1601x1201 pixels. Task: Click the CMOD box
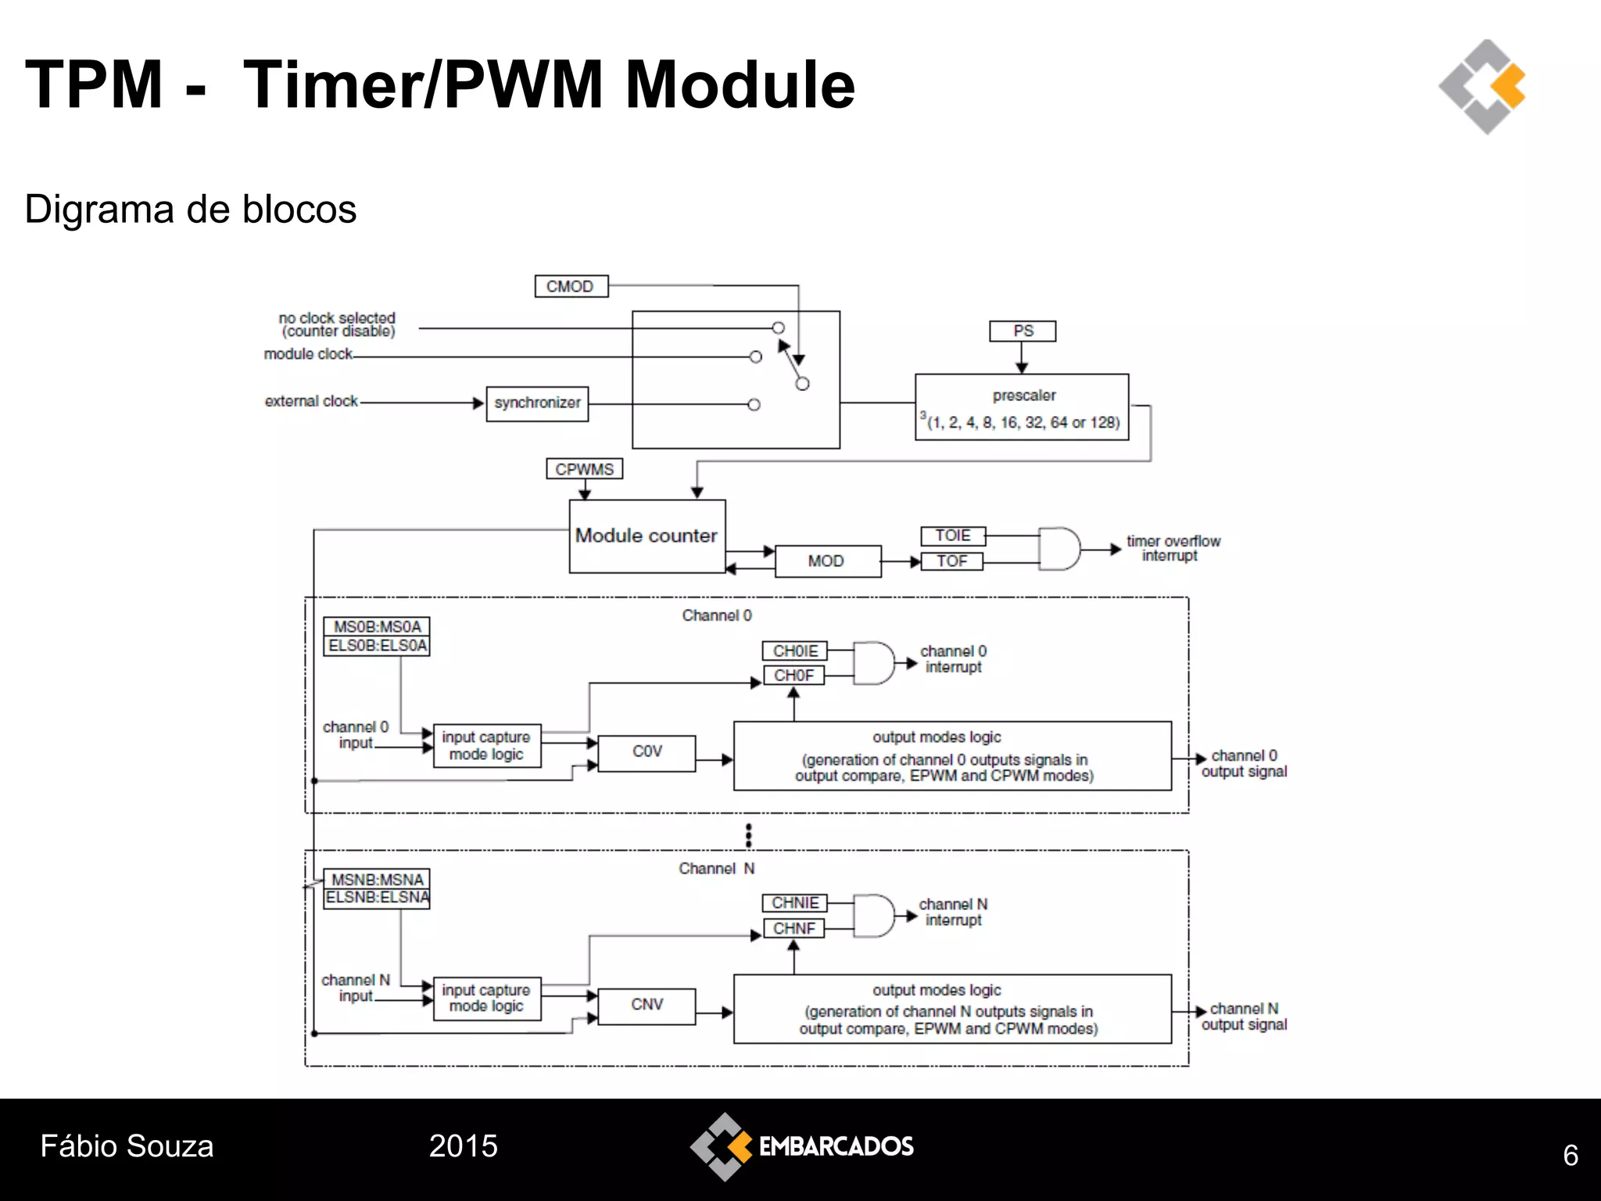pos(571,286)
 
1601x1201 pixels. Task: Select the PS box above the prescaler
pos(1023,331)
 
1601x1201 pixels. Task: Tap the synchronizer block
pos(537,403)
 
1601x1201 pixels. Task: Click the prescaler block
pos(1022,407)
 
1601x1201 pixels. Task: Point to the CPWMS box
pos(584,469)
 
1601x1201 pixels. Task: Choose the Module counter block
pos(646,536)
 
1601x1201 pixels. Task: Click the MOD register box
pos(827,561)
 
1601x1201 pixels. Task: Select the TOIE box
pos(953,536)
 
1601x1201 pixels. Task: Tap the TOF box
pos(952,561)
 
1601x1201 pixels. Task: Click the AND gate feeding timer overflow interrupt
pos(1058,549)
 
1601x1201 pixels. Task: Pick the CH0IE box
pos(795,651)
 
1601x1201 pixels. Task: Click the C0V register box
pos(646,752)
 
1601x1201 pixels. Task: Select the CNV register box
pos(646,1006)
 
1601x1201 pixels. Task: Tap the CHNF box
pos(793,929)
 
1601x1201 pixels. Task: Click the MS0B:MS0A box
pos(377,626)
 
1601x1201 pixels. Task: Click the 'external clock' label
pos(311,401)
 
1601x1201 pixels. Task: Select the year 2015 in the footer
pos(463,1146)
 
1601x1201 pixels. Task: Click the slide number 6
pos(1570,1156)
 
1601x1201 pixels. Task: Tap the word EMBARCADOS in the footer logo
pos(836,1147)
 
